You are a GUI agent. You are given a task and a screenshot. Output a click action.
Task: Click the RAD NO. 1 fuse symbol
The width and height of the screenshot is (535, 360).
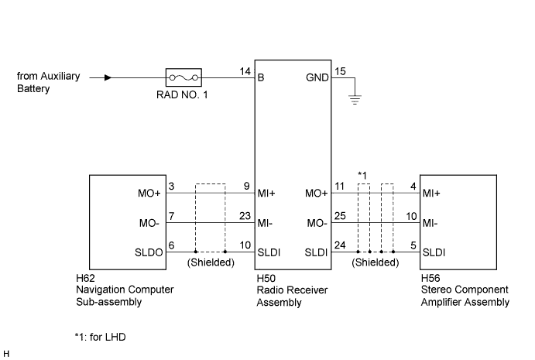(x=183, y=77)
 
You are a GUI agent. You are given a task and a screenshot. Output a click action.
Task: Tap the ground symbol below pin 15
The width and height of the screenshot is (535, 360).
(x=355, y=100)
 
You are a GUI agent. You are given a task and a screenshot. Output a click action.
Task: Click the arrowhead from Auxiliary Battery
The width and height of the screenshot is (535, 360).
(x=108, y=77)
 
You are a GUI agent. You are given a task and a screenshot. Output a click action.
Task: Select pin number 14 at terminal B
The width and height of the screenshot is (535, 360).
(x=245, y=71)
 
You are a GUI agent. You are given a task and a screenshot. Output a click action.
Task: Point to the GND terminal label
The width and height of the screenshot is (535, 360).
(x=317, y=77)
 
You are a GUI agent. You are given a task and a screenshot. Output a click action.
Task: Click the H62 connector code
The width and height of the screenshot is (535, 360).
(x=85, y=278)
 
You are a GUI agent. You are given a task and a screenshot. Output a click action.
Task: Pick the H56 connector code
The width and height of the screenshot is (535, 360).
(x=430, y=278)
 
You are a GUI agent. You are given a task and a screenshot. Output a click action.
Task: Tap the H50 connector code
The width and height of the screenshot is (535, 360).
(x=266, y=279)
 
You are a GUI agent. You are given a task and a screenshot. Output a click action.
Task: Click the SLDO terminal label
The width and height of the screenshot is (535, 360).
(x=149, y=252)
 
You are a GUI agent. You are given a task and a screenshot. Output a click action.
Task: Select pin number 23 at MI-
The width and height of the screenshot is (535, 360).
(x=245, y=216)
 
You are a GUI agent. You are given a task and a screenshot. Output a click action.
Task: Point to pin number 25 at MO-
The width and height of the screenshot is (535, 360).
(x=340, y=216)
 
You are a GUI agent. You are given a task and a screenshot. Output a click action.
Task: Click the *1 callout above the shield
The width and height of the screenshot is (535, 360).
(x=362, y=176)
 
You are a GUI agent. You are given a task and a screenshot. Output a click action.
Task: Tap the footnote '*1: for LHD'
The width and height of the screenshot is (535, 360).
(x=101, y=337)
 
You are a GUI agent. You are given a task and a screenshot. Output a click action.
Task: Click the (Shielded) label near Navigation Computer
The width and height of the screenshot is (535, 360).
(x=211, y=262)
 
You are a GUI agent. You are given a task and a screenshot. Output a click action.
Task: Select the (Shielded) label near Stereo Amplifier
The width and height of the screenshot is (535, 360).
(x=376, y=262)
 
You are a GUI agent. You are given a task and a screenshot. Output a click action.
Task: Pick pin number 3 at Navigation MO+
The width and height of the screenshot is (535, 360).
(x=171, y=187)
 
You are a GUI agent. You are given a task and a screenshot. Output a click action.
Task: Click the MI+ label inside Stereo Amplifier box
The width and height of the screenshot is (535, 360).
(x=431, y=194)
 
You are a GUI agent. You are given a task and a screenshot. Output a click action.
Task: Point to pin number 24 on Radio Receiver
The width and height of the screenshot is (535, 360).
(x=340, y=245)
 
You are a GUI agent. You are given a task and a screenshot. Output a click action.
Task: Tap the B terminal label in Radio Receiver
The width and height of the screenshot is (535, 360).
(x=261, y=77)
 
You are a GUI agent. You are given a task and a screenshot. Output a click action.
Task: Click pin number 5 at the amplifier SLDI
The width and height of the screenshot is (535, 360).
(x=413, y=245)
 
